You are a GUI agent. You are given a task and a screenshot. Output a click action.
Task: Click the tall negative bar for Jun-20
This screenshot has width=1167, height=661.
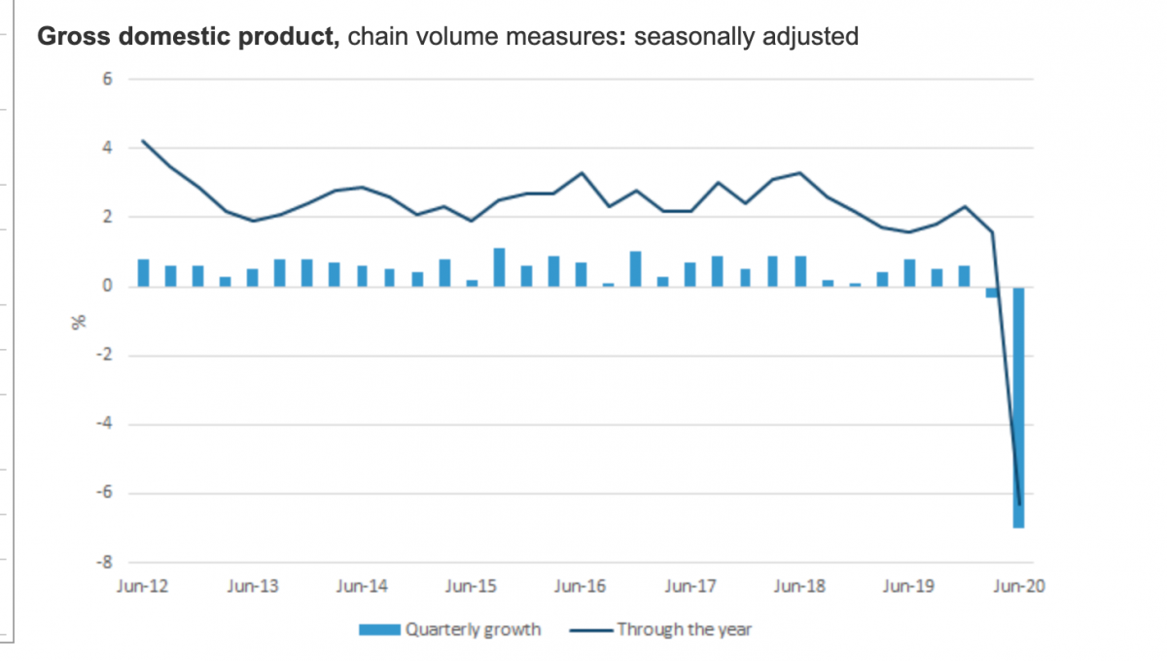pyautogui.click(x=1018, y=408)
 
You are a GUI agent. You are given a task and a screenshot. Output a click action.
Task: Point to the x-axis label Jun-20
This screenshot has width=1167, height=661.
pyautogui.click(x=1017, y=586)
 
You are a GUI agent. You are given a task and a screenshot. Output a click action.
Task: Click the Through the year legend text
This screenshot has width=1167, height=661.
pyautogui.click(x=684, y=630)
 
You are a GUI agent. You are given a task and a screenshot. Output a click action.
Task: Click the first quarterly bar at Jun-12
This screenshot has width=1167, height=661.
pyautogui.click(x=143, y=273)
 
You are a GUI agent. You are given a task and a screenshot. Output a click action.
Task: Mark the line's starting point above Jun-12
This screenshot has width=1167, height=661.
pyautogui.click(x=143, y=140)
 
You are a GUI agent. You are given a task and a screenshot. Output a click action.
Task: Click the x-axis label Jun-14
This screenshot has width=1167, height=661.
pyautogui.click(x=362, y=586)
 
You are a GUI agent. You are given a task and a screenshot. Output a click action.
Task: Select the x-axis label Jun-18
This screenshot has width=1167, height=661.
pyautogui.click(x=798, y=586)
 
